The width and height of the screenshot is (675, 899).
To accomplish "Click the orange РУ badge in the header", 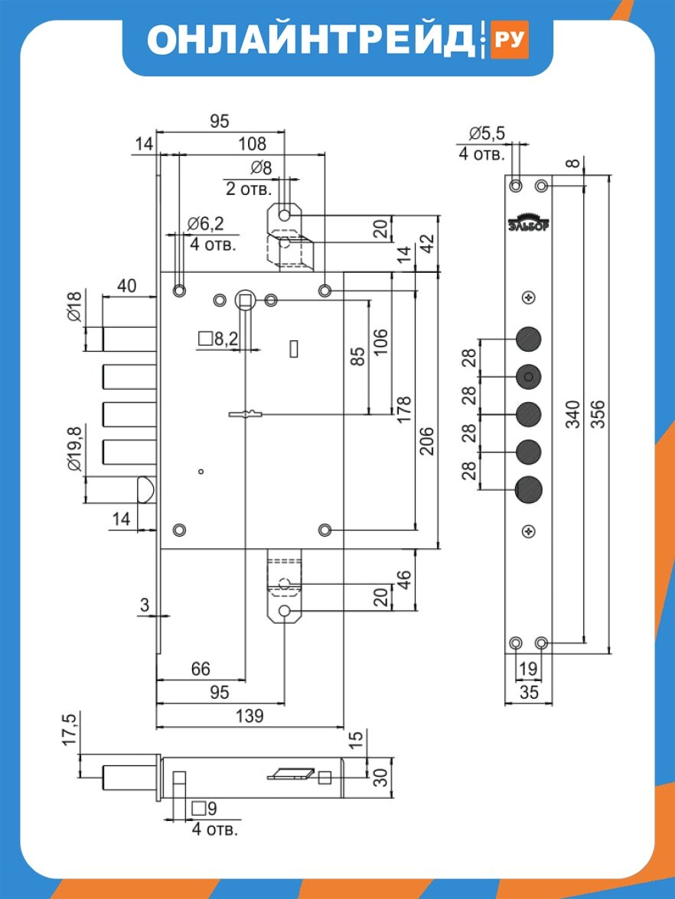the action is pyautogui.click(x=509, y=39).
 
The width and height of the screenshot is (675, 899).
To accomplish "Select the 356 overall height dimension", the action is pyautogui.click(x=598, y=414).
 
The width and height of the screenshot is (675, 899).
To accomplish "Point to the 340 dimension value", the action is pyautogui.click(x=572, y=414).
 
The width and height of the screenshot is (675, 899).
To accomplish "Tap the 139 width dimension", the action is pyautogui.click(x=249, y=716).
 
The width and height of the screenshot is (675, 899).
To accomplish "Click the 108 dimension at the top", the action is pyautogui.click(x=253, y=144).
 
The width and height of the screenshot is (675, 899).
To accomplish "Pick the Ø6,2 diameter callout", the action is pyautogui.click(x=205, y=223).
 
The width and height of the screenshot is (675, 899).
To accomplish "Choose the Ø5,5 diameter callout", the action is pyautogui.click(x=487, y=134).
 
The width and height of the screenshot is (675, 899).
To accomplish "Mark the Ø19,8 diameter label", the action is pyautogui.click(x=74, y=448).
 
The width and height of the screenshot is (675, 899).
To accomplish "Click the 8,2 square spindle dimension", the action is pyautogui.click(x=218, y=339).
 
